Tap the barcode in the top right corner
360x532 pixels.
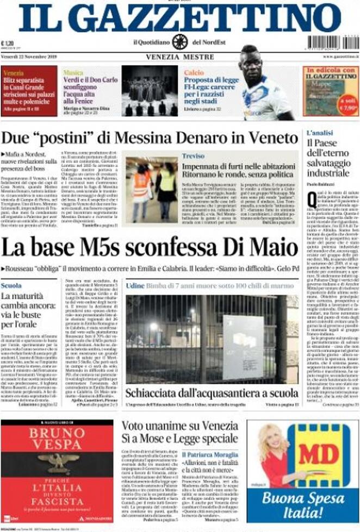tap(333, 42)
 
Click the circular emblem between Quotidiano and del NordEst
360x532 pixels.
tap(180, 42)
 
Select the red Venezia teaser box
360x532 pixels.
tap(29, 91)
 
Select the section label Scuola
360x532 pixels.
tap(11, 286)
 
